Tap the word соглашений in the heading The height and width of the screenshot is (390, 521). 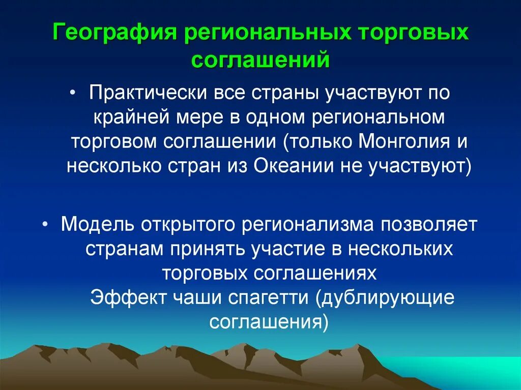(260, 60)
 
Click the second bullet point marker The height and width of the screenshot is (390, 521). (46, 224)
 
